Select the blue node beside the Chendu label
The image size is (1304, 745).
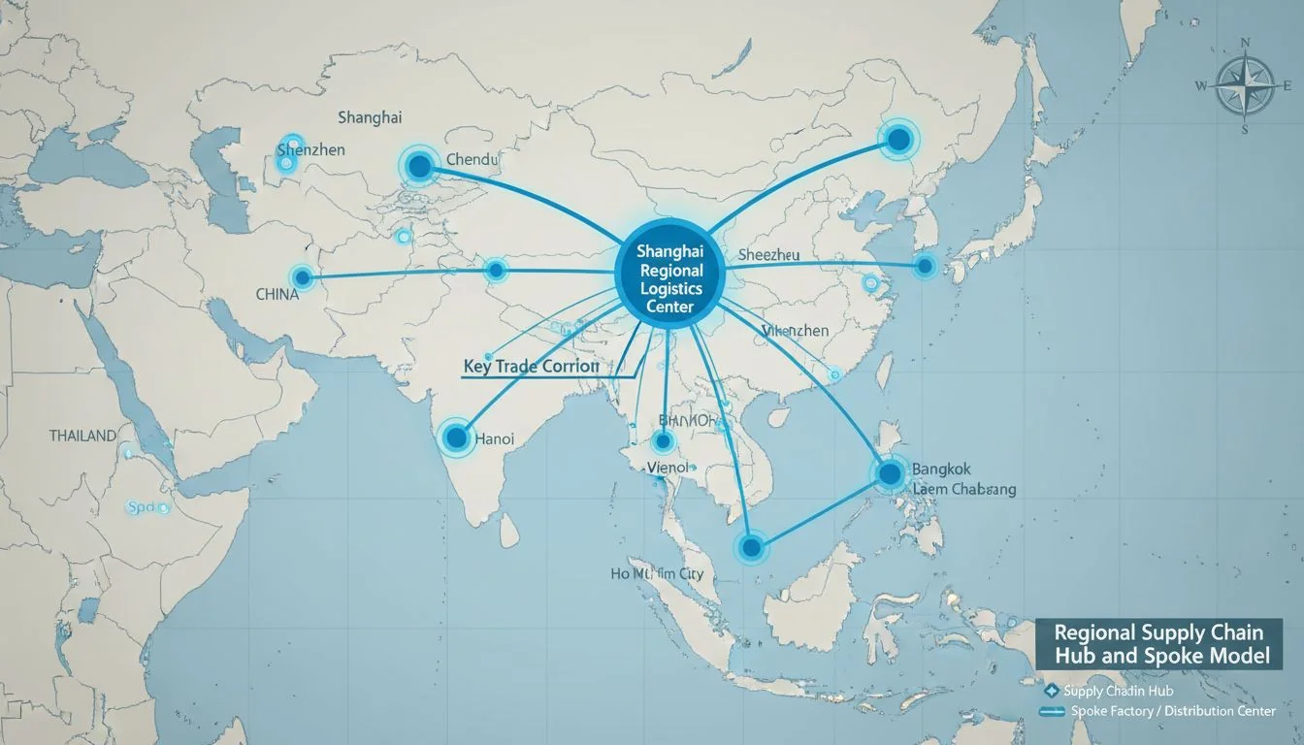[419, 167]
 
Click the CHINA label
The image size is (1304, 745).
[277, 294]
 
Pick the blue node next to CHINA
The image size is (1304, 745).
[302, 278]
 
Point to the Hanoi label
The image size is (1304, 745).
[494, 438]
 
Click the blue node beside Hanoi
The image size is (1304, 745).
[456, 437]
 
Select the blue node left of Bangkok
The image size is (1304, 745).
[890, 473]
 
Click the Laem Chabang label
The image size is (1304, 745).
[964, 490]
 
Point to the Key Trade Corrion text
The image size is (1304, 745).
[531, 368]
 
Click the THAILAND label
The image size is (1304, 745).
[82, 437]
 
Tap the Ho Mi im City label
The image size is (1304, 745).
[657, 574]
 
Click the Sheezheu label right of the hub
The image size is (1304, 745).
[768, 254]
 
